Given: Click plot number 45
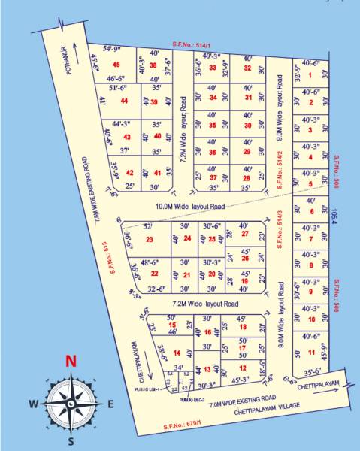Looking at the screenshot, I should [x=115, y=67].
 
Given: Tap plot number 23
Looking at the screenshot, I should [x=149, y=240].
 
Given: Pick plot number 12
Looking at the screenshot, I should [x=242, y=368].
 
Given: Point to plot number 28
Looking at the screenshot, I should [x=245, y=177].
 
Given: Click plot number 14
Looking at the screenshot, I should [x=177, y=353].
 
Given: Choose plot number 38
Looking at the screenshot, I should [x=153, y=65].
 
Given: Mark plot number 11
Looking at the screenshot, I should [x=310, y=352].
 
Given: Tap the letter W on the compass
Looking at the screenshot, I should [x=34, y=404].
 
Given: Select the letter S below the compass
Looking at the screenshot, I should [x=71, y=441].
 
